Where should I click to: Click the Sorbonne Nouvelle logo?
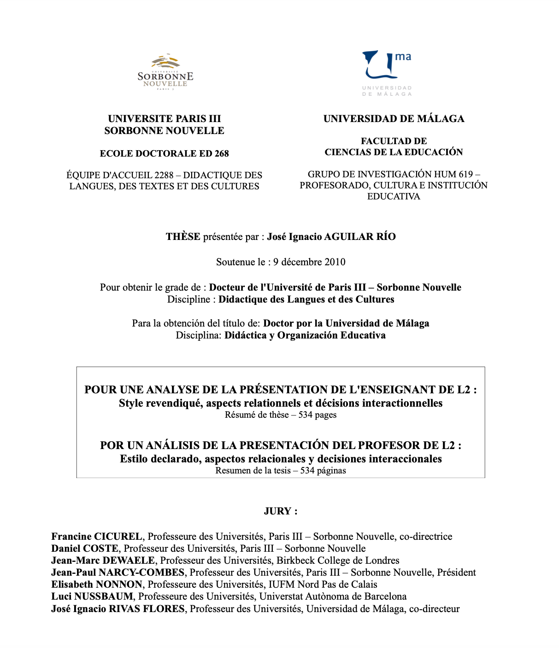point(165,72)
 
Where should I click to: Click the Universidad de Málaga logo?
point(387,73)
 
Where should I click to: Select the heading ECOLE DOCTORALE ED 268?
point(164,153)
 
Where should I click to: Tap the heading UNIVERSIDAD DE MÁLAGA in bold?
point(394,119)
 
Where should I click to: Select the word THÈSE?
point(183,237)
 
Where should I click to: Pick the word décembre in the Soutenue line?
point(301,262)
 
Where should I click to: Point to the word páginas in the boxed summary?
point(331,471)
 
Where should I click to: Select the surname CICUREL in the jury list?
point(118,537)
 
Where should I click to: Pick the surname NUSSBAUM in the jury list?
point(104,596)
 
